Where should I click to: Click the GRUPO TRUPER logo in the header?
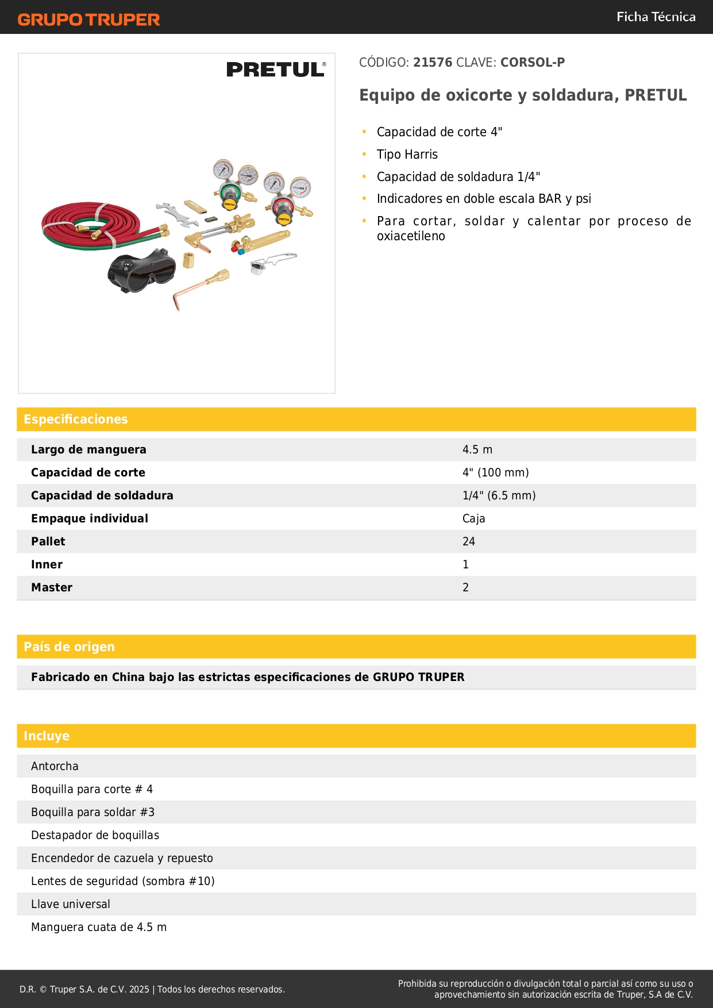pos(88,20)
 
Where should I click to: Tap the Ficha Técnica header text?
pos(656,17)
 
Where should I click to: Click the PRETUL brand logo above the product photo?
pos(276,70)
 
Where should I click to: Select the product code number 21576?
pos(433,62)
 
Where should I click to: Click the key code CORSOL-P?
pos(533,62)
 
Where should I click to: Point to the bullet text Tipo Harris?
pos(407,155)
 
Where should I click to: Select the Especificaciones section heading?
pos(76,420)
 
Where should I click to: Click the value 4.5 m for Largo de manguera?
pos(477,450)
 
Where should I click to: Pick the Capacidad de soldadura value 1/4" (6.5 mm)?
pos(499,496)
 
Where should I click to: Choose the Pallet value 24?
pos(469,542)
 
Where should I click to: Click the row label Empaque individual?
pos(90,519)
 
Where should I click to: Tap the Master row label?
pos(52,588)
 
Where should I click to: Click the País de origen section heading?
pos(69,647)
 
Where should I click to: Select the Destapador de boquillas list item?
pos(95,836)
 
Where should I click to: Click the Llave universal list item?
pos(71,905)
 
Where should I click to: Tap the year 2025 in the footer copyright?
pos(139,990)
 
